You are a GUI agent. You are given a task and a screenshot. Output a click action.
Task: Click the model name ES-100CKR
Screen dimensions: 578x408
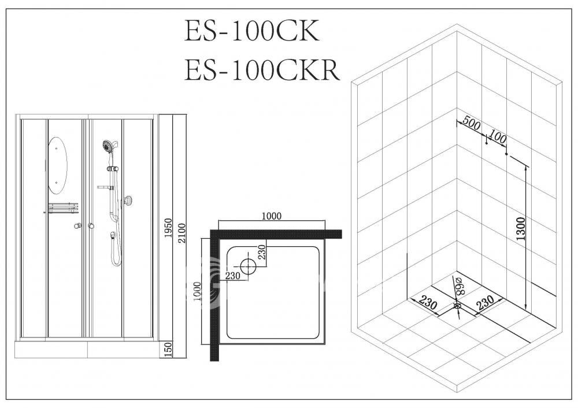point(261,70)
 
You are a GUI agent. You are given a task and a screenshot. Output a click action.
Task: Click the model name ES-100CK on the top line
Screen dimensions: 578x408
point(252,31)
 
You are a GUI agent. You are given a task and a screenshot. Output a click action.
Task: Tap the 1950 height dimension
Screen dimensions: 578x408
point(168,228)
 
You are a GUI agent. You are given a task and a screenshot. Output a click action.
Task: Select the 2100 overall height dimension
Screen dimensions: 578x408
point(181,233)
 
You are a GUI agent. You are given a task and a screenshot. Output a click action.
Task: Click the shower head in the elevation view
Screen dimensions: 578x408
point(109,147)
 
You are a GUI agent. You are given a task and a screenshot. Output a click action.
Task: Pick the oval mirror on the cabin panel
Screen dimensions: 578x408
point(58,165)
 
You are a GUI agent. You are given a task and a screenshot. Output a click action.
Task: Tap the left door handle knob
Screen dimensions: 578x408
point(77,226)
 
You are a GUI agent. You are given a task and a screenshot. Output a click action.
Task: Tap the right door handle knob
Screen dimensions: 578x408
point(91,226)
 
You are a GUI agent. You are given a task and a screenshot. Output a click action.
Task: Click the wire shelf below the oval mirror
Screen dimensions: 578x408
point(64,208)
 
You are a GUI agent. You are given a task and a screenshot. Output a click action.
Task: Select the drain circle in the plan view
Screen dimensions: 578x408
point(248,266)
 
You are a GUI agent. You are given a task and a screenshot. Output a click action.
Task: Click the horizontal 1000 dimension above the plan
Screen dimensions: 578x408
point(271,216)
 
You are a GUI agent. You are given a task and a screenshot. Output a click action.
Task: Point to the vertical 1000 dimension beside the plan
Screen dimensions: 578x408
point(197,291)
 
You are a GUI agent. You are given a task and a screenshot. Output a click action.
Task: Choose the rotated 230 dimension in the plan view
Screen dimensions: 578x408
point(261,252)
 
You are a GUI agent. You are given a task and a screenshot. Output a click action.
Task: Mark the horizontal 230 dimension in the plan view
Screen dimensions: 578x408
point(232,276)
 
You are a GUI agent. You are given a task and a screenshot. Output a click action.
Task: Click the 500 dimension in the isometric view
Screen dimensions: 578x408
point(472,123)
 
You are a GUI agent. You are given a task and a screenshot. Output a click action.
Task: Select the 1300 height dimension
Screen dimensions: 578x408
point(521,228)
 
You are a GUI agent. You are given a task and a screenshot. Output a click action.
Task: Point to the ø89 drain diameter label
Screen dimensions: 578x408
point(460,285)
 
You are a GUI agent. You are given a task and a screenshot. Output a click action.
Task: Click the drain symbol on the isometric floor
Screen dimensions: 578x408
point(457,306)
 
